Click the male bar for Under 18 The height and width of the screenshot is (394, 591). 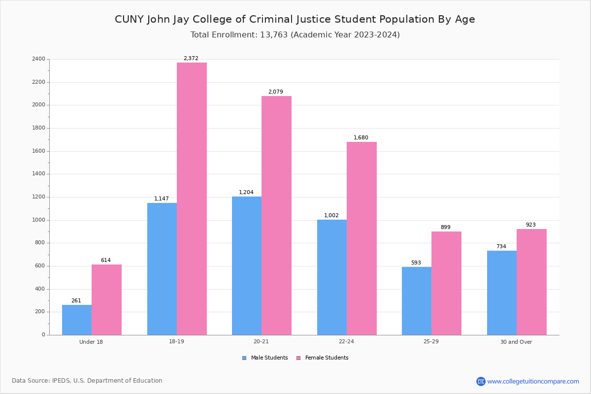(77, 320)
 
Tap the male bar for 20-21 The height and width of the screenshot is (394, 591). (247, 265)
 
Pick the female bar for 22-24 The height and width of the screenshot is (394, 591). (361, 238)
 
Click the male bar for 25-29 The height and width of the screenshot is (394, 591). (417, 301)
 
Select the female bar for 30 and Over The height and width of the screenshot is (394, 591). (531, 282)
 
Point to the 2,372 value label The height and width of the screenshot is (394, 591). (191, 59)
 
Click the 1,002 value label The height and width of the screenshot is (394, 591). (331, 216)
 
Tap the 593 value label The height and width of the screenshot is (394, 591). (416, 263)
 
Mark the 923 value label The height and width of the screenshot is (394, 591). (530, 225)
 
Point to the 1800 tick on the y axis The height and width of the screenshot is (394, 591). (38, 128)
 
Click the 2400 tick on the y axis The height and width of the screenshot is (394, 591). (38, 59)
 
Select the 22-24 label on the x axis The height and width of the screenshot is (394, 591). (346, 342)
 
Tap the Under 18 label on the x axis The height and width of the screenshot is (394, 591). (91, 342)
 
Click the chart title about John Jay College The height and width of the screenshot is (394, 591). (295, 20)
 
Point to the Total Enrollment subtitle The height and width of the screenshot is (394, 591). (295, 35)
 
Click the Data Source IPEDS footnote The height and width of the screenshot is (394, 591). (87, 381)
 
